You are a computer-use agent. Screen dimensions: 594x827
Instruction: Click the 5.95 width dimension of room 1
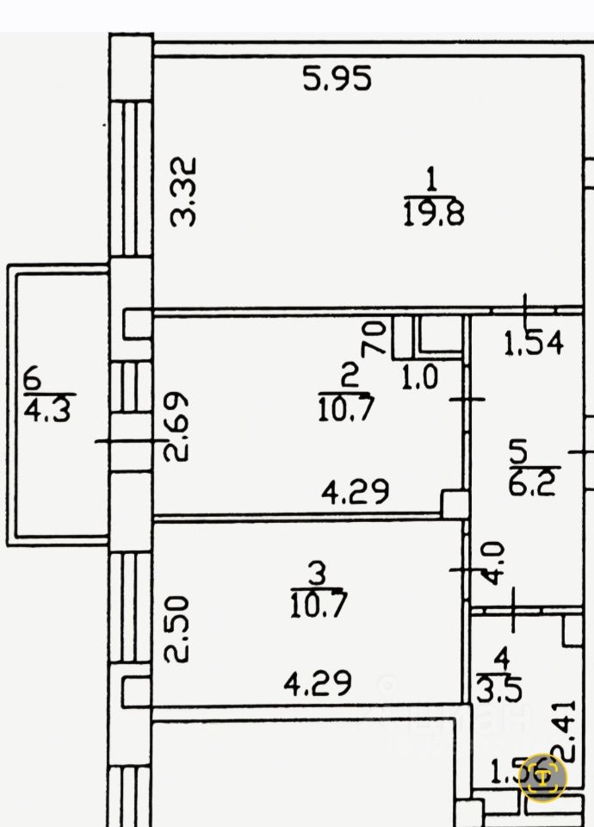click(x=337, y=79)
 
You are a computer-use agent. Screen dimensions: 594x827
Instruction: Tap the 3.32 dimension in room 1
click(x=184, y=190)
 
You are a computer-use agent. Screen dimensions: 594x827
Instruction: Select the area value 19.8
click(x=433, y=213)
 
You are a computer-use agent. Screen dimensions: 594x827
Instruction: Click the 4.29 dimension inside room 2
click(x=355, y=492)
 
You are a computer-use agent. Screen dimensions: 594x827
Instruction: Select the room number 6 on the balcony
click(x=33, y=377)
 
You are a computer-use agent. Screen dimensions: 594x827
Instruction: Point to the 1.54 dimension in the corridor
click(x=533, y=344)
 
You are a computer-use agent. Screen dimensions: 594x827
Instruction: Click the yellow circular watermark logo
click(x=543, y=778)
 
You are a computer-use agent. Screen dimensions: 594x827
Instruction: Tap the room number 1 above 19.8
click(x=432, y=182)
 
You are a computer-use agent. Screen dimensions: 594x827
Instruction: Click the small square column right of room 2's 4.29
click(x=453, y=504)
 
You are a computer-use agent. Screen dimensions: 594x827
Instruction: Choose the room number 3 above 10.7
click(x=318, y=572)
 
